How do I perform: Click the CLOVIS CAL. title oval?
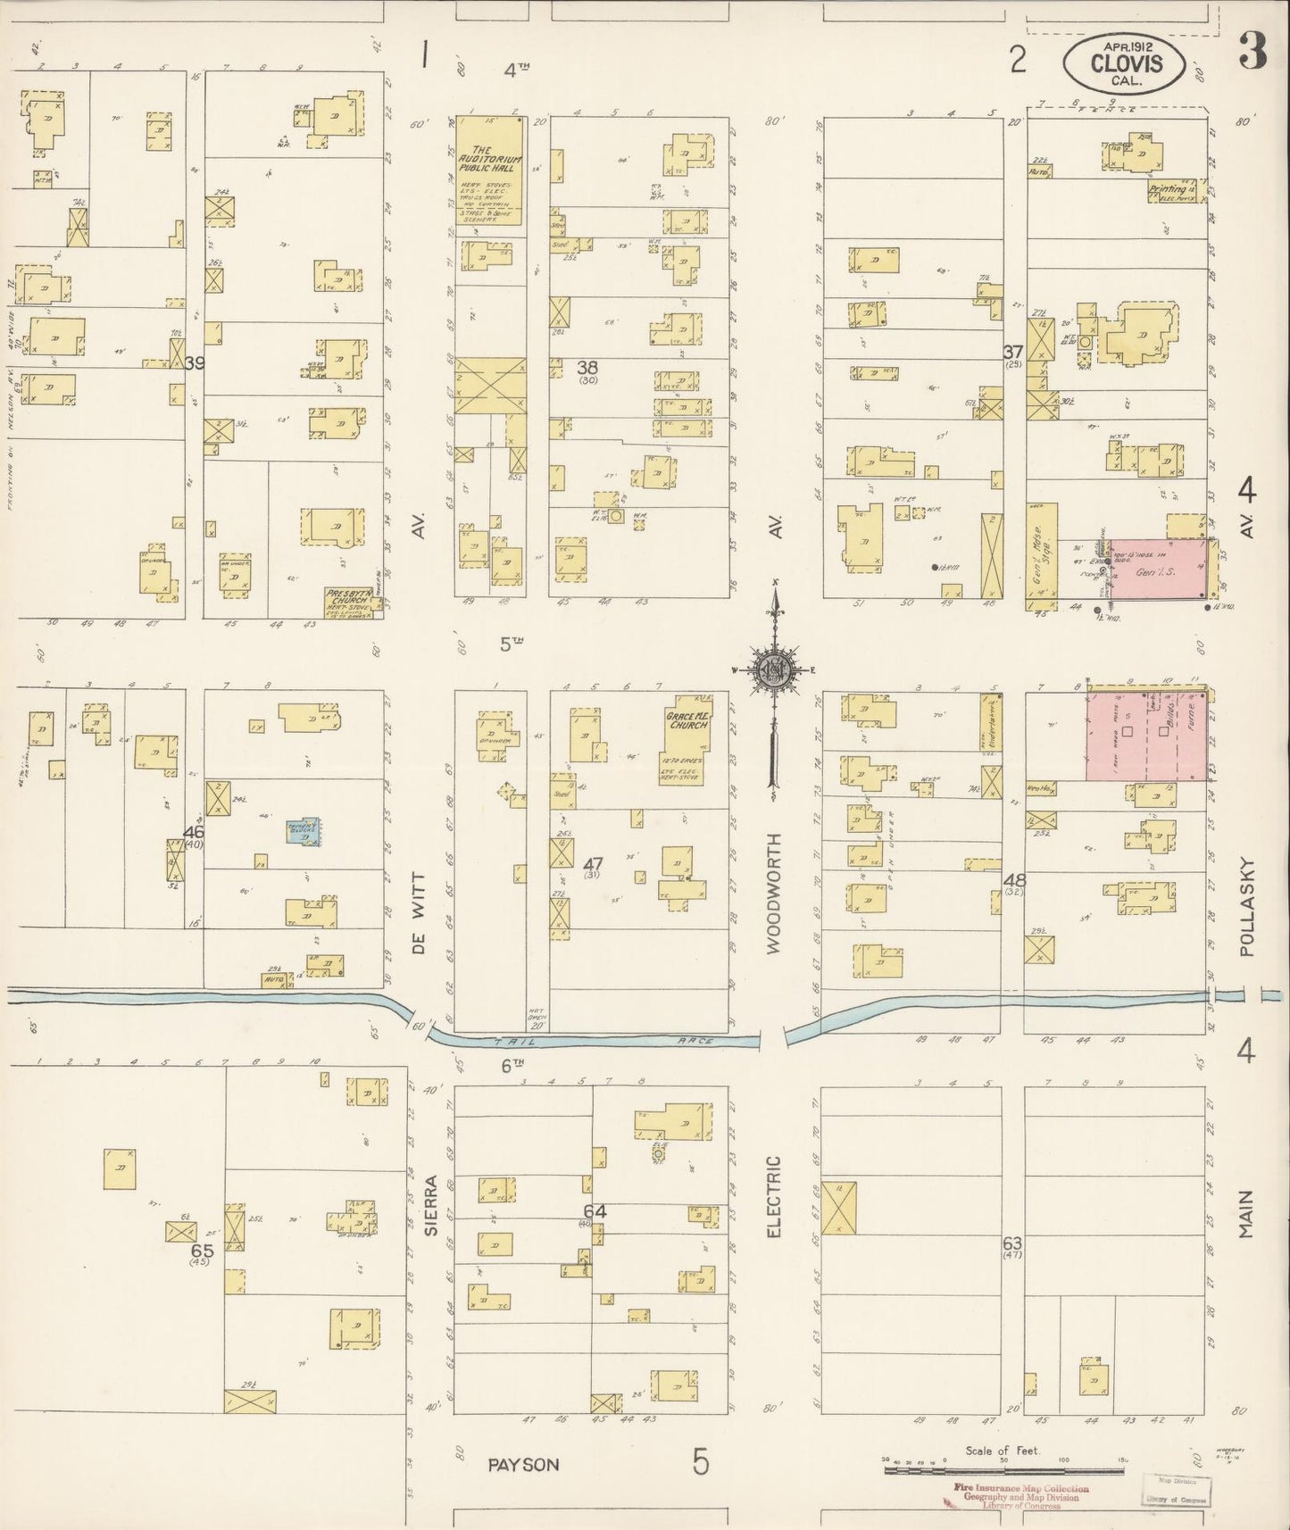click(x=1124, y=62)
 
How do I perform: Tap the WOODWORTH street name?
click(x=773, y=893)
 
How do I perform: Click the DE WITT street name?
click(x=419, y=914)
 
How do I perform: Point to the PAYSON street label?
click(x=523, y=1464)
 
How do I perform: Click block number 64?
click(x=595, y=1211)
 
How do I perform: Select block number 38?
click(x=587, y=368)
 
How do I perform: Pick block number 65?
click(x=202, y=1251)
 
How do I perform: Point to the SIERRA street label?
click(x=431, y=1204)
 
